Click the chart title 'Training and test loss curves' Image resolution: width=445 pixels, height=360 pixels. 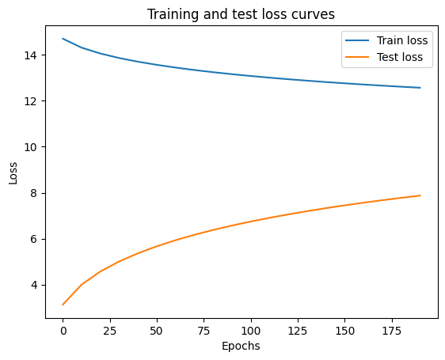pos(242,13)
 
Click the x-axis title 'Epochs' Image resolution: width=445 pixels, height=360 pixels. pos(242,346)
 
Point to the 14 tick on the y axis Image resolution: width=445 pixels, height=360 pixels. pos(33,55)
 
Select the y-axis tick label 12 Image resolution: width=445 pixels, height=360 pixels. pos(33,101)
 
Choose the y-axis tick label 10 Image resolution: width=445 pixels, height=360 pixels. pos(33,147)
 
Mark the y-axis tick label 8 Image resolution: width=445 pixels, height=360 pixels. pos(36,193)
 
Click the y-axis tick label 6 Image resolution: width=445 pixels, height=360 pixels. pos(36,239)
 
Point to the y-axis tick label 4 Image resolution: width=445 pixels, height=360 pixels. pos(36,285)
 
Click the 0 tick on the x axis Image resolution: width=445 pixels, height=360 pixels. pos(63,329)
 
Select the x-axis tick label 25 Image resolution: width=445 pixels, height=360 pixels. pos(110,329)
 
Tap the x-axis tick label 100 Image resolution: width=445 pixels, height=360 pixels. pos(251,329)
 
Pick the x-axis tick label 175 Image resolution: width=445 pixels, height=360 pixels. pos(392,329)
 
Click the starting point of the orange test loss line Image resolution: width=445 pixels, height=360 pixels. pos(63,305)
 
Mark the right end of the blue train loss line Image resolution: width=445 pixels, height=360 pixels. pos(420,88)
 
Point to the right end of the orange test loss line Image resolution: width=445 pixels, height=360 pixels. pos(420,195)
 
